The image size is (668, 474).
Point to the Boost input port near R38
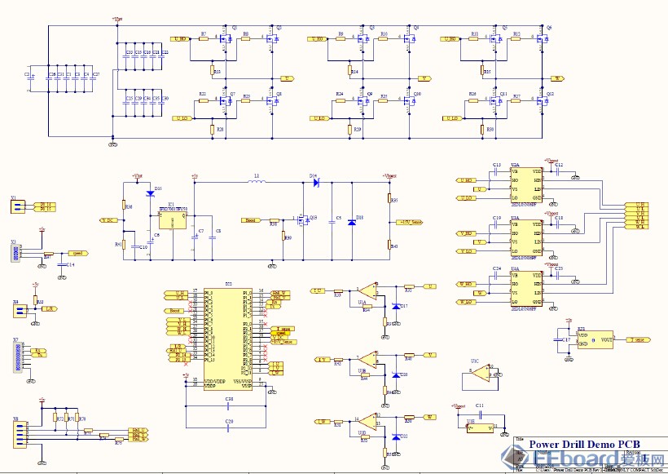252,220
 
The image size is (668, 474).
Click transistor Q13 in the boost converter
301,219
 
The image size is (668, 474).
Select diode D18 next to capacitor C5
351,221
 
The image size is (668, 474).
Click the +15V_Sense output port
409,221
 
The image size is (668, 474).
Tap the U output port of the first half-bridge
287,78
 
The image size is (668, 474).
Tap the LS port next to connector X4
50,309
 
